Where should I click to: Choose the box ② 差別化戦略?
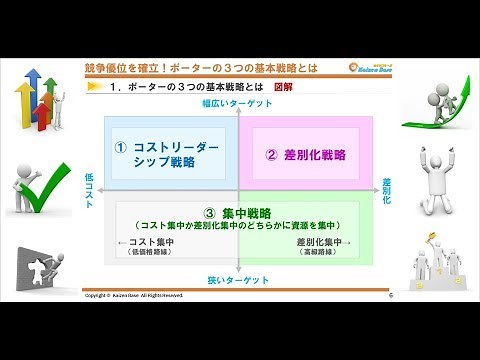305,154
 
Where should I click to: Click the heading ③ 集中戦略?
237,212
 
